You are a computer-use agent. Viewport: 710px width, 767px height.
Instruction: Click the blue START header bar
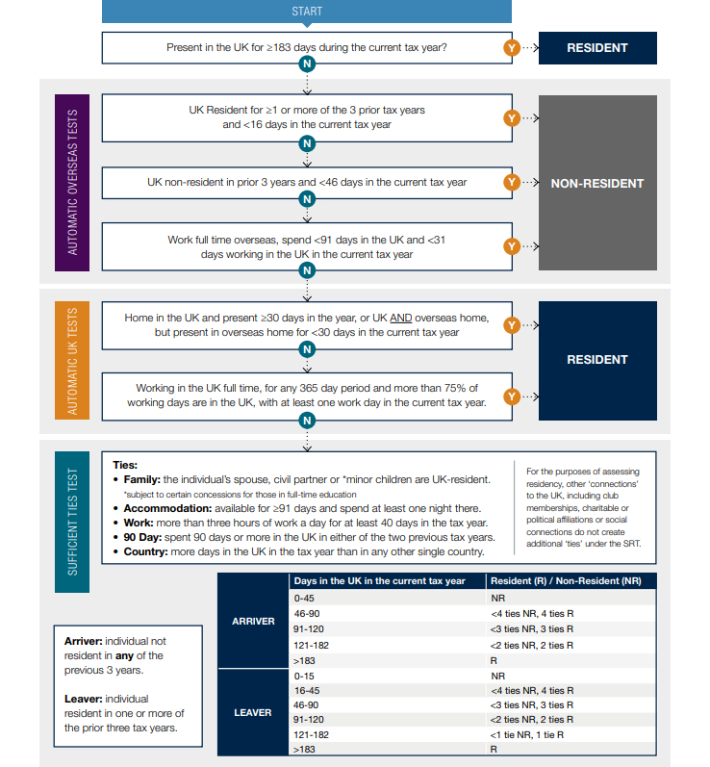[x=307, y=12]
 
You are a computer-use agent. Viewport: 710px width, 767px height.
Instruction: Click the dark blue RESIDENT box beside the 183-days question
[x=597, y=47]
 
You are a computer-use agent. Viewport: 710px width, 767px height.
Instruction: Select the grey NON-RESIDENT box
[x=597, y=183]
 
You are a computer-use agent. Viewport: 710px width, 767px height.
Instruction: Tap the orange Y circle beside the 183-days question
[x=512, y=47]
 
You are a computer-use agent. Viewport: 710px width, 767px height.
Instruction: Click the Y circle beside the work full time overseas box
[x=512, y=246]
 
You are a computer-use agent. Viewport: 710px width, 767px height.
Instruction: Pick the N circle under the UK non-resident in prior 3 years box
[x=307, y=199]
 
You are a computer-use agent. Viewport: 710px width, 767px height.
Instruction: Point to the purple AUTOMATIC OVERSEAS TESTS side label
[x=73, y=183]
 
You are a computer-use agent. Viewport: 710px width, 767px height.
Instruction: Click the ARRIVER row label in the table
[x=253, y=621]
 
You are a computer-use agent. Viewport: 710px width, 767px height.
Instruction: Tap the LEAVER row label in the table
[x=253, y=713]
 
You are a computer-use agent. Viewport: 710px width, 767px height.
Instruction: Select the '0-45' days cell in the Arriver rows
[x=304, y=598]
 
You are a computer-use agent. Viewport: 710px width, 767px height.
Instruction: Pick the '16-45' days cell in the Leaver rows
[x=307, y=690]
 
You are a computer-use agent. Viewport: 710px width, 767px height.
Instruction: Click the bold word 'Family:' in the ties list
[x=145, y=478]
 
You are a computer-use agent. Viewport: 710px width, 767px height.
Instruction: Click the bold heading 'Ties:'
[x=125, y=464]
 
